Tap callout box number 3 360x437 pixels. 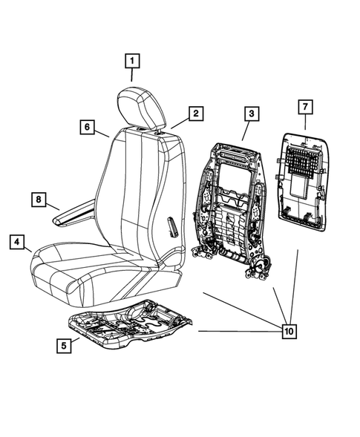pos(252,114)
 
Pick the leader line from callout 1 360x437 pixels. pos(132,75)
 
